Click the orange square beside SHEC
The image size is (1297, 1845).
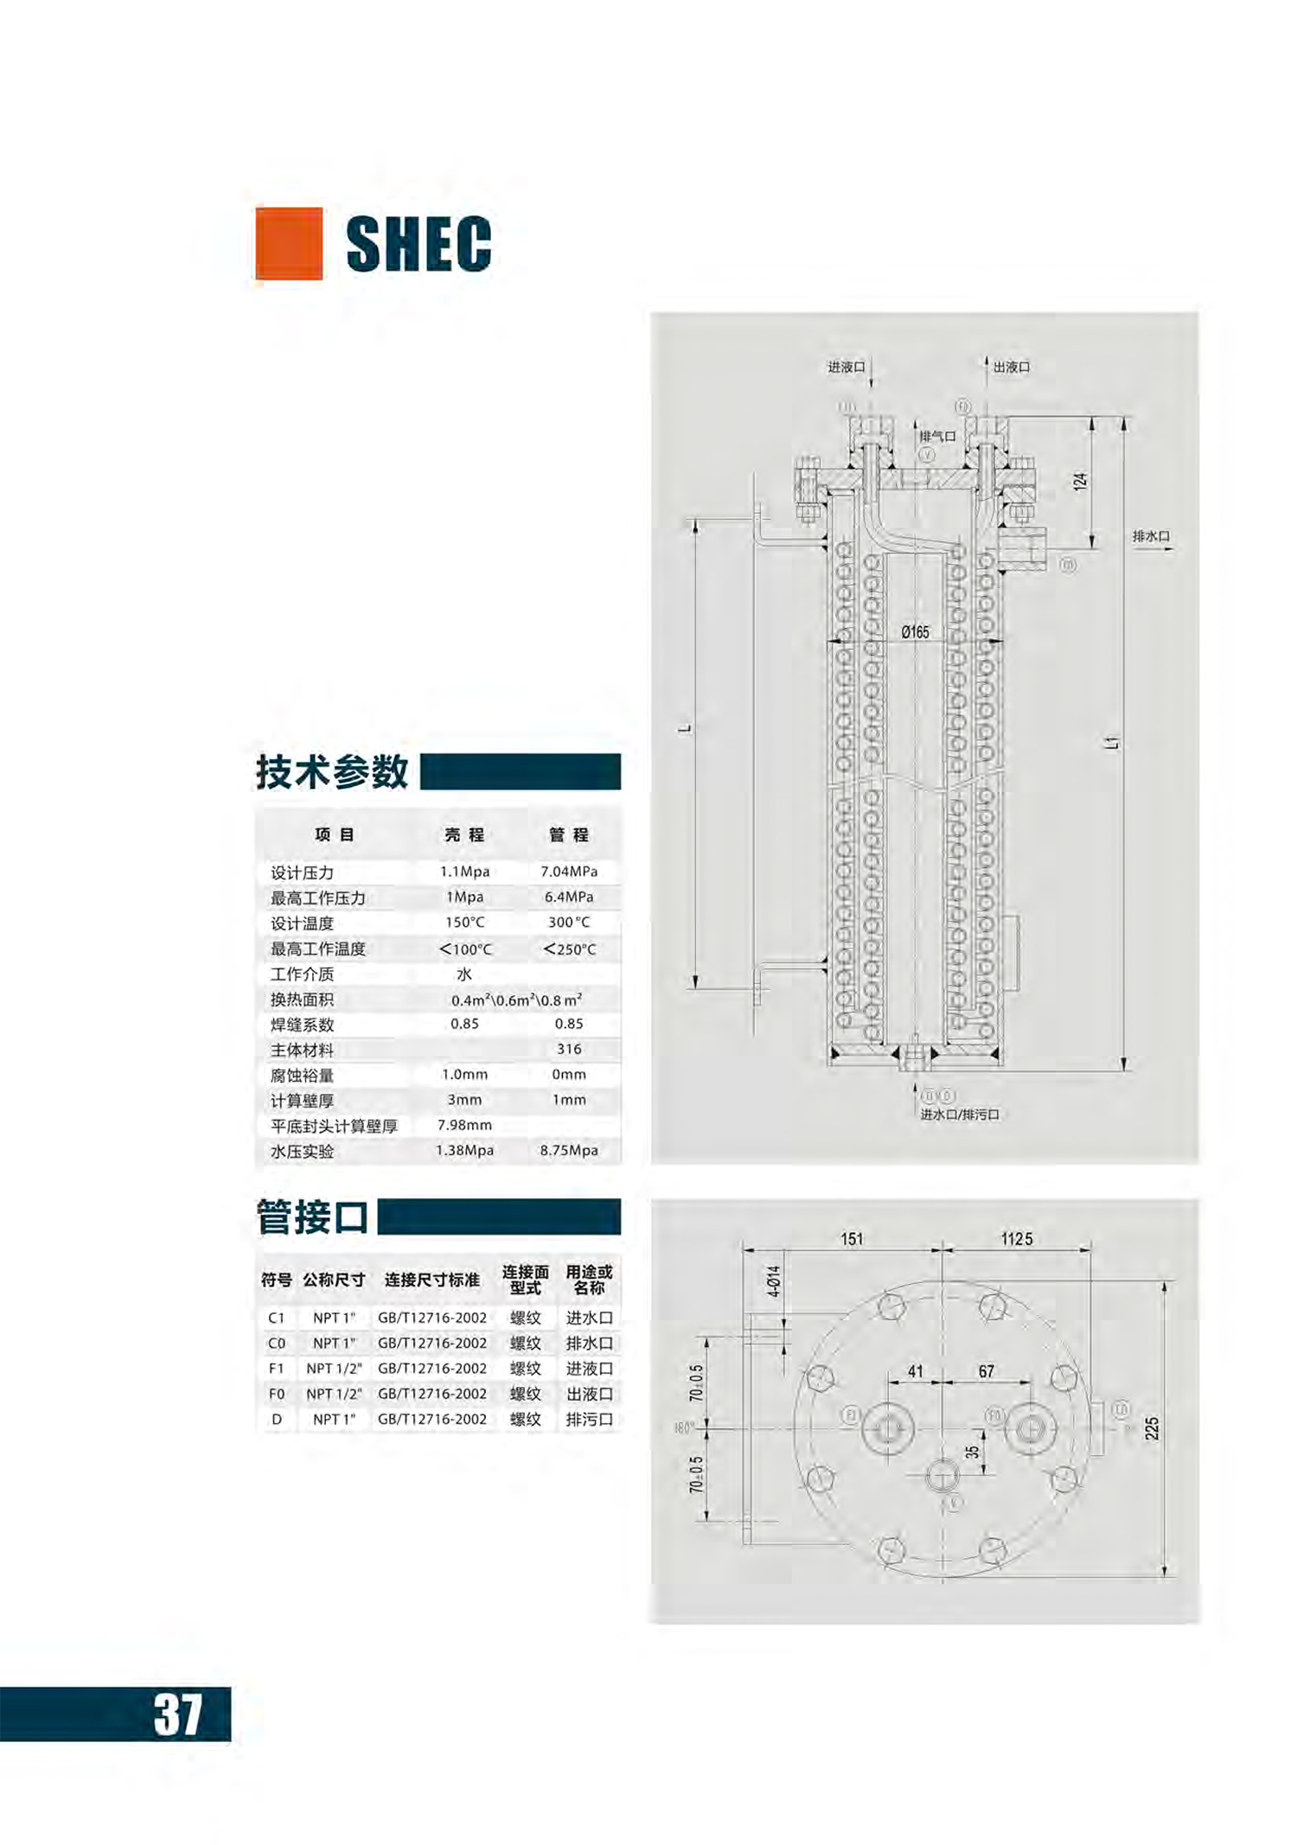tap(289, 243)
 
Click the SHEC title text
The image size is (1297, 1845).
tap(418, 244)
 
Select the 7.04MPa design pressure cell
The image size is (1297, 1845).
tap(568, 871)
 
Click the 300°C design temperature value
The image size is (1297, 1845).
tap(568, 922)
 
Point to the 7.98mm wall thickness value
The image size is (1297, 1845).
tap(464, 1125)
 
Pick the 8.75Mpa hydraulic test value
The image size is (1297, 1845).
tap(568, 1151)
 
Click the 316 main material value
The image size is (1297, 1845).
tap(568, 1049)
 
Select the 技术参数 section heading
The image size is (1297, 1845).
tap(331, 771)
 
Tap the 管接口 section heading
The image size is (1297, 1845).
tap(312, 1216)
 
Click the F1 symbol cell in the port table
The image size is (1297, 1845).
tap(276, 1369)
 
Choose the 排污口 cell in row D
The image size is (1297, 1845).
tap(589, 1420)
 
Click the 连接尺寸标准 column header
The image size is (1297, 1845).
tap(431, 1280)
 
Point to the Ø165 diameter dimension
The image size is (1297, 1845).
tap(915, 632)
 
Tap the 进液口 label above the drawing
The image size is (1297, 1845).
tap(846, 367)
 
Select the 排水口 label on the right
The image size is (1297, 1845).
tap(1151, 537)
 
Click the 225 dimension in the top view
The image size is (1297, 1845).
tap(1152, 1428)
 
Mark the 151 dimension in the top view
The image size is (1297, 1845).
tap(852, 1239)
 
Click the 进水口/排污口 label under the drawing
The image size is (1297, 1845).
tap(959, 1114)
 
